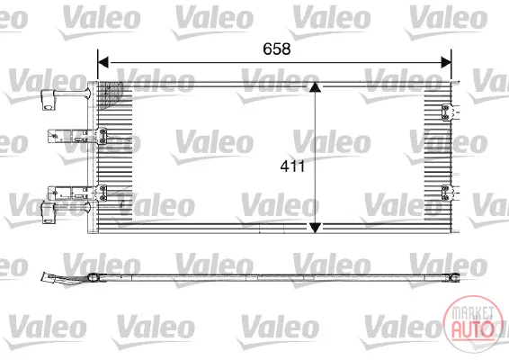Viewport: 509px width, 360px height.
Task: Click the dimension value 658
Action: [277, 49]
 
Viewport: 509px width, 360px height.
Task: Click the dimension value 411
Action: [292, 166]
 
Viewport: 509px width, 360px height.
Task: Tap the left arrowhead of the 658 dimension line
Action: [103, 62]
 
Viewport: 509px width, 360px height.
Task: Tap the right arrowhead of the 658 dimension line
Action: [446, 62]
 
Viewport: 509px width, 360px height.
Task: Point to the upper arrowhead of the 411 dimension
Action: [315, 86]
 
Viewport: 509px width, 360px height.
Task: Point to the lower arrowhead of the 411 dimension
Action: [315, 228]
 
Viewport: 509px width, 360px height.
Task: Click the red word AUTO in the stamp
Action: [472, 328]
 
